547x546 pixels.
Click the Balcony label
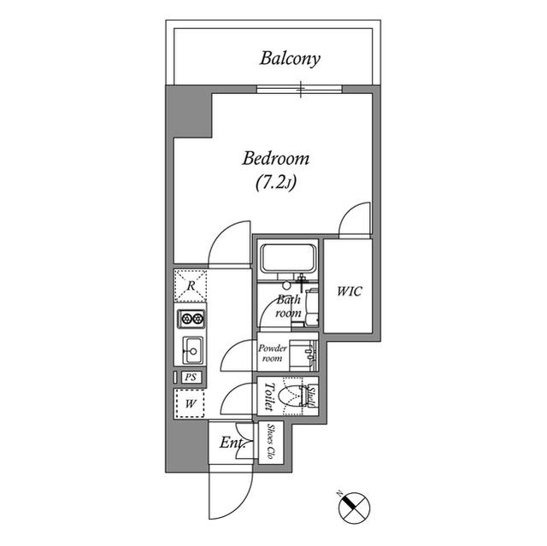click(x=290, y=59)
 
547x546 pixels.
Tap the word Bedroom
click(x=275, y=159)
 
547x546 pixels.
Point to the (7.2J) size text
click(x=275, y=182)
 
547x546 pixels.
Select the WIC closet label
click(x=348, y=291)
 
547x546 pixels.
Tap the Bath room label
click(x=287, y=307)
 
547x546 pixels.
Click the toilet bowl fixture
click(x=295, y=396)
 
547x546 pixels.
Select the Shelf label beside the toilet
click(x=314, y=397)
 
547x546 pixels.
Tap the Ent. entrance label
click(x=231, y=443)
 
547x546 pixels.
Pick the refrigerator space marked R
click(x=191, y=286)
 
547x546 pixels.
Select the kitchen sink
click(x=191, y=349)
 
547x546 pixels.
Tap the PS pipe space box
click(x=190, y=378)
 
